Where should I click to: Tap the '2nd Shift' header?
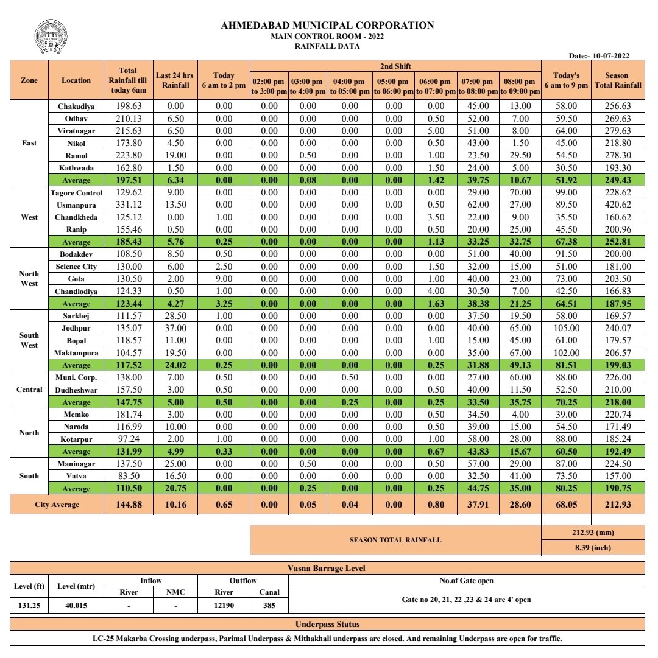tap(395, 66)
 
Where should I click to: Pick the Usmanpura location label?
tap(76, 205)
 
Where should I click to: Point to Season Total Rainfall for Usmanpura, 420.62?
tap(618, 205)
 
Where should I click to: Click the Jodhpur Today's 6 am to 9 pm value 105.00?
tap(566, 329)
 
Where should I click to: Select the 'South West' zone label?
tap(29, 340)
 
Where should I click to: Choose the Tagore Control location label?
tap(76, 193)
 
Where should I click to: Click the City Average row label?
tap(56, 504)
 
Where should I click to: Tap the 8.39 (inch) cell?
tap(593, 547)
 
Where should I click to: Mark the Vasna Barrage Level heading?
tap(327, 568)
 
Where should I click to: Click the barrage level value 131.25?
tap(29, 606)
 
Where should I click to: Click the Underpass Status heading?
tap(327, 624)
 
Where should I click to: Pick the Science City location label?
tap(76, 267)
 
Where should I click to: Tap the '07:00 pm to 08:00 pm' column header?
tap(478, 86)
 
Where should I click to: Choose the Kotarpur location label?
tap(76, 439)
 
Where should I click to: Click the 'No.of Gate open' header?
tap(466, 581)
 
